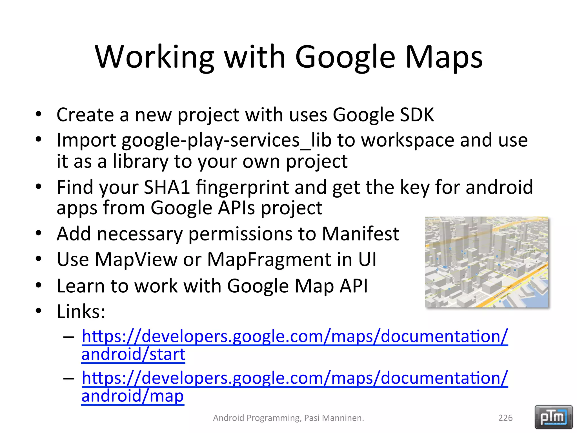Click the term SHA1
(167, 187)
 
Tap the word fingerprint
(243, 187)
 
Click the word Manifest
(360, 234)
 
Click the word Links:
(81, 312)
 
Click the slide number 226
(505, 418)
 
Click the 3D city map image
(487, 262)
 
